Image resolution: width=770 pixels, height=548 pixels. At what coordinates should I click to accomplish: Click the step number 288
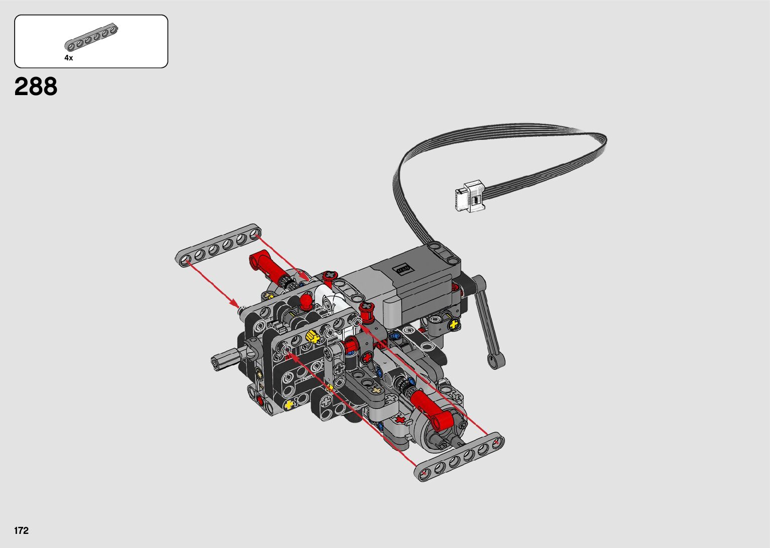[36, 87]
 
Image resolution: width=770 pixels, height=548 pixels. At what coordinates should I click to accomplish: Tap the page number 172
[21, 530]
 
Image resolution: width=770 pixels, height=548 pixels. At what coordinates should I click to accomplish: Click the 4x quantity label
[69, 58]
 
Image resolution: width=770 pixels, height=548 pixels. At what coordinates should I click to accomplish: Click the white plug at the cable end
[470, 196]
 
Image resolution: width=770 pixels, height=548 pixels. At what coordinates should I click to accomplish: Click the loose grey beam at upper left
[218, 245]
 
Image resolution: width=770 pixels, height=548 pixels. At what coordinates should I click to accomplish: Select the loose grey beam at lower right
[459, 456]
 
